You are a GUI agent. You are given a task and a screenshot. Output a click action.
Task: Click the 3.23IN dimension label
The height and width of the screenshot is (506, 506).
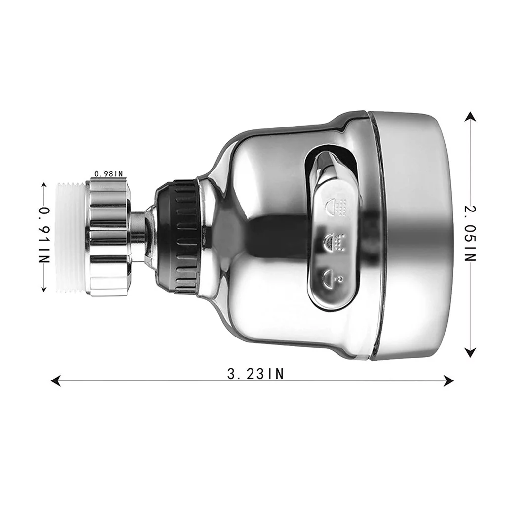pos(255,374)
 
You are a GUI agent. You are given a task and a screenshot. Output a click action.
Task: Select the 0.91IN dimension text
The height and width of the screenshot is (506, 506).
pos(44,236)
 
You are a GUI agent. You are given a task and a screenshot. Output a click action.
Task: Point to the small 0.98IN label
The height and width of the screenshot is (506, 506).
pos(108,174)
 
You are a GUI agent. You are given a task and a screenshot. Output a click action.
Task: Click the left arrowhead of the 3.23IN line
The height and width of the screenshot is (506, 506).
pos(55,380)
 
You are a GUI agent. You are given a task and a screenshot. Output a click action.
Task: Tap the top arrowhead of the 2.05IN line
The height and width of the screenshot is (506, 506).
pos(470,116)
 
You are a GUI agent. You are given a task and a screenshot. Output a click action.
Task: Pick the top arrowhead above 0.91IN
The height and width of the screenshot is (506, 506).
pos(44,185)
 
